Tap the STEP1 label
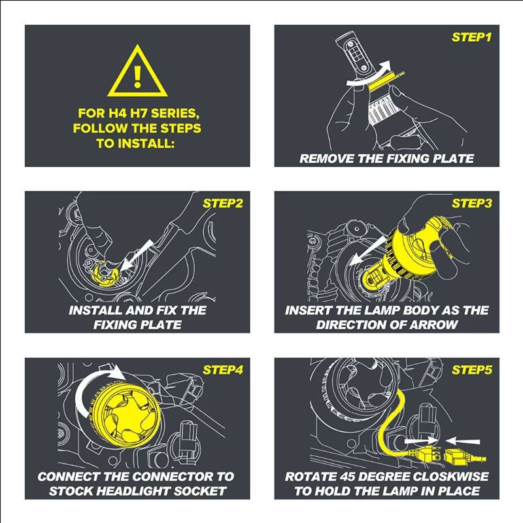coord(471,37)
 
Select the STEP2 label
coord(222,203)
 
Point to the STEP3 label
coord(471,203)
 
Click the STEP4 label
coord(222,369)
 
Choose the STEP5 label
coord(471,369)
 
